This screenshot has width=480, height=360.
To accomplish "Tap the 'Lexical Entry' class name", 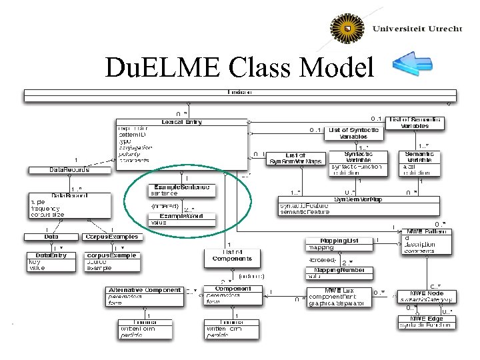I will (x=181, y=122).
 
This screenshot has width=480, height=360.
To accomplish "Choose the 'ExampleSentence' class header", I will (x=181, y=187).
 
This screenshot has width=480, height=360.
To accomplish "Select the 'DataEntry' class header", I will (x=51, y=255).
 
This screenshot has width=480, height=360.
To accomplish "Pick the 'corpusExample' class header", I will (x=111, y=255).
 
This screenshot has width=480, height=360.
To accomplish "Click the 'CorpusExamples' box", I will (x=111, y=237).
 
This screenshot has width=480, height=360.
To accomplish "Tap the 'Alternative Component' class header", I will (x=144, y=290).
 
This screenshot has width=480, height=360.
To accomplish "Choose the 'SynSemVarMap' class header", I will (x=359, y=199).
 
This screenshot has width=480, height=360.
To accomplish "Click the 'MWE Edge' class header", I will (x=427, y=318).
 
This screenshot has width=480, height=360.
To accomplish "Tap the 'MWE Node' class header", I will (x=427, y=293).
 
